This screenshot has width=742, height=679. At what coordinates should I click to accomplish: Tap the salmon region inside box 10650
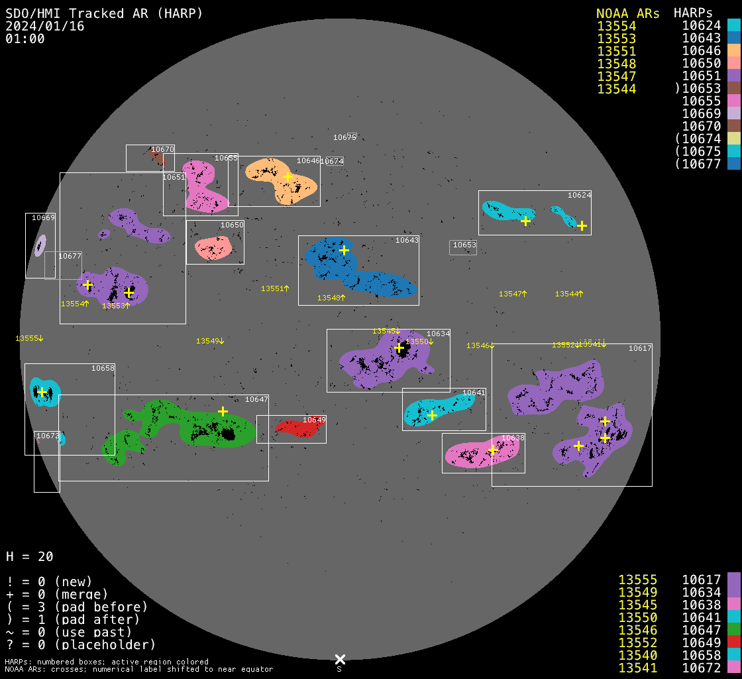[213, 248]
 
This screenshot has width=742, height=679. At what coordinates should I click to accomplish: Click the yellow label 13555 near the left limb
[28, 339]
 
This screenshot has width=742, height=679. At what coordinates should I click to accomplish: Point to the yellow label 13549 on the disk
[209, 341]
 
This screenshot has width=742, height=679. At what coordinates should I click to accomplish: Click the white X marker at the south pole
[340, 659]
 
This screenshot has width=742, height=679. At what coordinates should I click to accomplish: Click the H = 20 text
[30, 556]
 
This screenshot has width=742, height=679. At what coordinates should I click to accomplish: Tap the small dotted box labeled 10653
[463, 247]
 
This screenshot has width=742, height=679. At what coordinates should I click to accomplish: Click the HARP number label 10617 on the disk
[640, 348]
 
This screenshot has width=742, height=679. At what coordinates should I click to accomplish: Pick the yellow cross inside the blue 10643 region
[344, 250]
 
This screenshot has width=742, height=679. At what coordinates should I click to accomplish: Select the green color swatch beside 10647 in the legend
[734, 630]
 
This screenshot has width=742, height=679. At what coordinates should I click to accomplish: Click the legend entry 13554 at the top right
[616, 26]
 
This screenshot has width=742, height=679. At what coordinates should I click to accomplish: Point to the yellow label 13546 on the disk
[480, 345]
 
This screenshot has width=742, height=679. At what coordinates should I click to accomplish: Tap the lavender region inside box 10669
[40, 245]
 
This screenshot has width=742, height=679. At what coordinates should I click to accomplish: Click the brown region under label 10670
[158, 157]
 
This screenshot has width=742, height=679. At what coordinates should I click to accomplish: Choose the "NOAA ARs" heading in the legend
[627, 13]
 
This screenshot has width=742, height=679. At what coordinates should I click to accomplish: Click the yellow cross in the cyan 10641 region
[432, 416]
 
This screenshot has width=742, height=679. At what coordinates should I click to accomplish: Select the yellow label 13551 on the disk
[274, 289]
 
